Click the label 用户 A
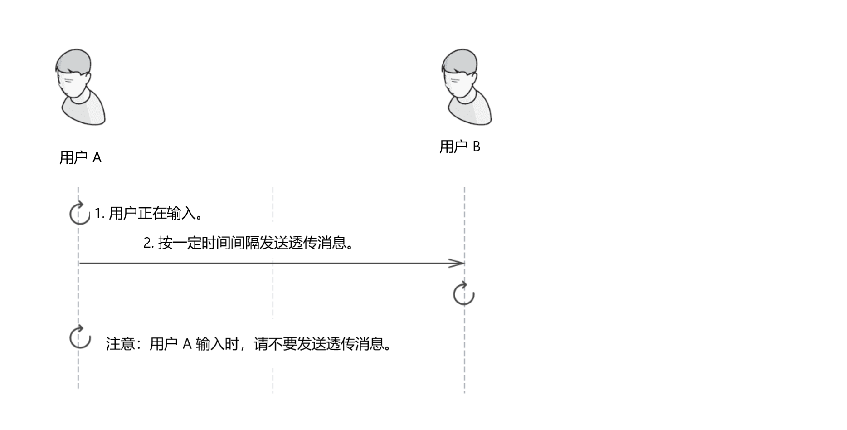(x=80, y=158)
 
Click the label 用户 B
(x=459, y=147)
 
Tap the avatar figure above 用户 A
(x=80, y=88)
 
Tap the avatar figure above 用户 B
(x=466, y=88)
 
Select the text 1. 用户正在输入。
(x=148, y=213)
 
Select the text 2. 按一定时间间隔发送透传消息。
(x=248, y=244)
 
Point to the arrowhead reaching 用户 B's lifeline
(x=458, y=263)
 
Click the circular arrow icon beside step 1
(x=79, y=213)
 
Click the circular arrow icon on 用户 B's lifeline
(x=463, y=294)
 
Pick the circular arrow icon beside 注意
(x=80, y=338)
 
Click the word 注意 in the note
(x=120, y=344)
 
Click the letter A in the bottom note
(x=187, y=344)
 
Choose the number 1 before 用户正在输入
(x=97, y=213)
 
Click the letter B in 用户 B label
(x=476, y=147)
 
